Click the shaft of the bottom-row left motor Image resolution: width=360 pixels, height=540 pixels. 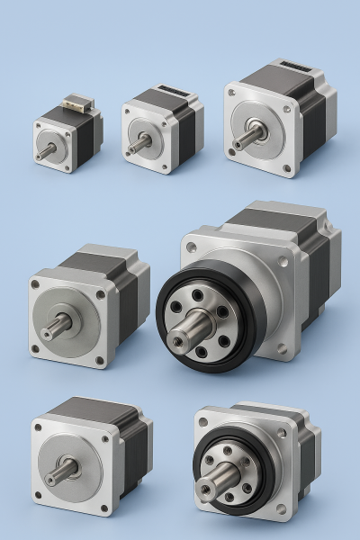(x=59, y=474)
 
